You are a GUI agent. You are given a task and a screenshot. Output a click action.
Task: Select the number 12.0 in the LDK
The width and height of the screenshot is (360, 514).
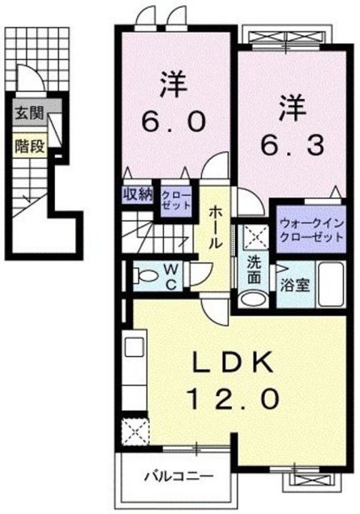[231, 398]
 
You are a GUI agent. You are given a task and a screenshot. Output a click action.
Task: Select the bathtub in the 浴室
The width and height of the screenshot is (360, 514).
[329, 284]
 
